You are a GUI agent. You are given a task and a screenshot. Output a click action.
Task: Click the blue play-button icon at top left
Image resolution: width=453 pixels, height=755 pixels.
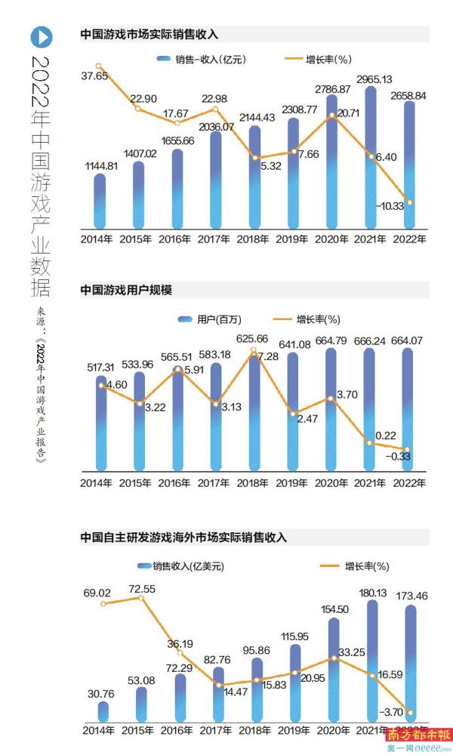pos(42,36)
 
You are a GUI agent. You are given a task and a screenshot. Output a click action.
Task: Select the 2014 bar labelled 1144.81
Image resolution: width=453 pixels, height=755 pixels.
pos(100,200)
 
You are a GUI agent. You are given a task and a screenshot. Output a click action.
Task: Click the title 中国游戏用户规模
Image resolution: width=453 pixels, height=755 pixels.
pos(127,288)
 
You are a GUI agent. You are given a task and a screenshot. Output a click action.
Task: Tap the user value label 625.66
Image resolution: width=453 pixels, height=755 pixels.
pos(255,338)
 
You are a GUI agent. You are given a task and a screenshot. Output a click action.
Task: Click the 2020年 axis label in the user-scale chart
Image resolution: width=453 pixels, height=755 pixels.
pos(332,482)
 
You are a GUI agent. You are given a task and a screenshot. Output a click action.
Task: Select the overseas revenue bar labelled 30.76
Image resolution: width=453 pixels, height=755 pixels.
pos(103,711)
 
